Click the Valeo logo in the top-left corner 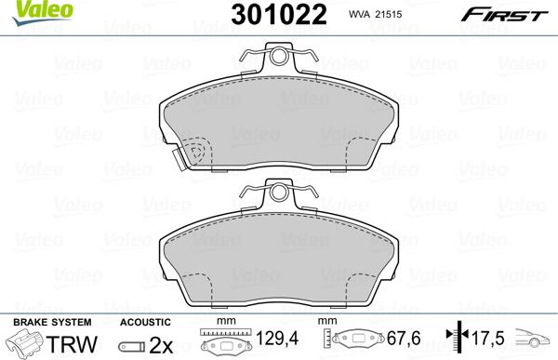click(27, 11)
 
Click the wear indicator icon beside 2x click(129, 344)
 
